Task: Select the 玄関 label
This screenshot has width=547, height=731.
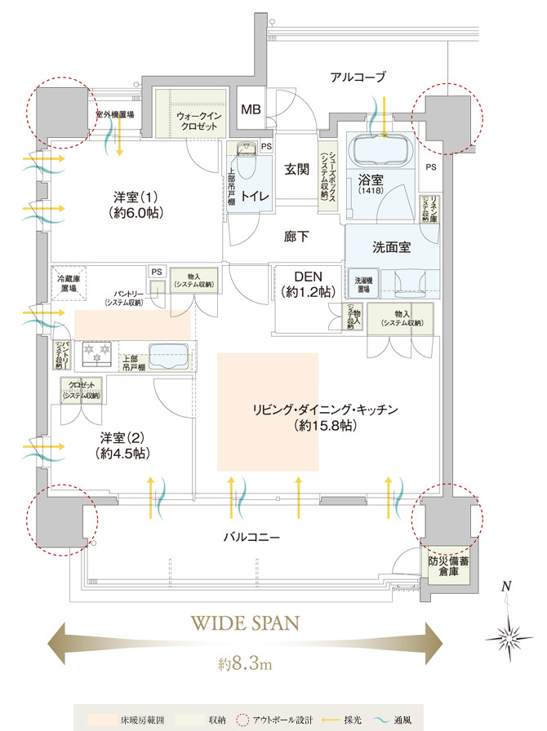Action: (296, 170)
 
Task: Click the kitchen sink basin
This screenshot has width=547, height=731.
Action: (169, 355)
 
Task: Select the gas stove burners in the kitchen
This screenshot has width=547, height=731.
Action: (95, 354)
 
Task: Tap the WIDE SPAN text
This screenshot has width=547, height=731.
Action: (245, 623)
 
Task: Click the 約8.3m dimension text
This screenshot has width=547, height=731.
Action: (245, 665)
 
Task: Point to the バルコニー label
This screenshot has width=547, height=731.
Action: (252, 538)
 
